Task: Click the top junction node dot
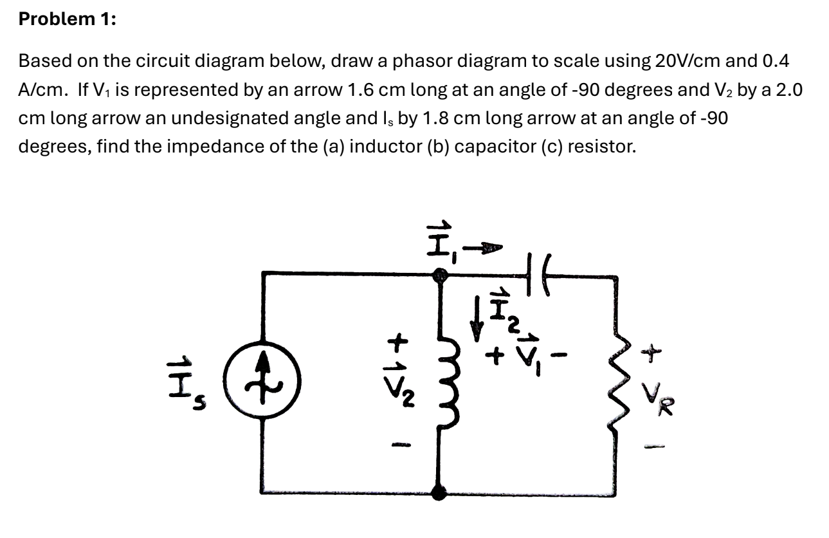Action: click(x=440, y=275)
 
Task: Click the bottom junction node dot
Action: click(x=440, y=493)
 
